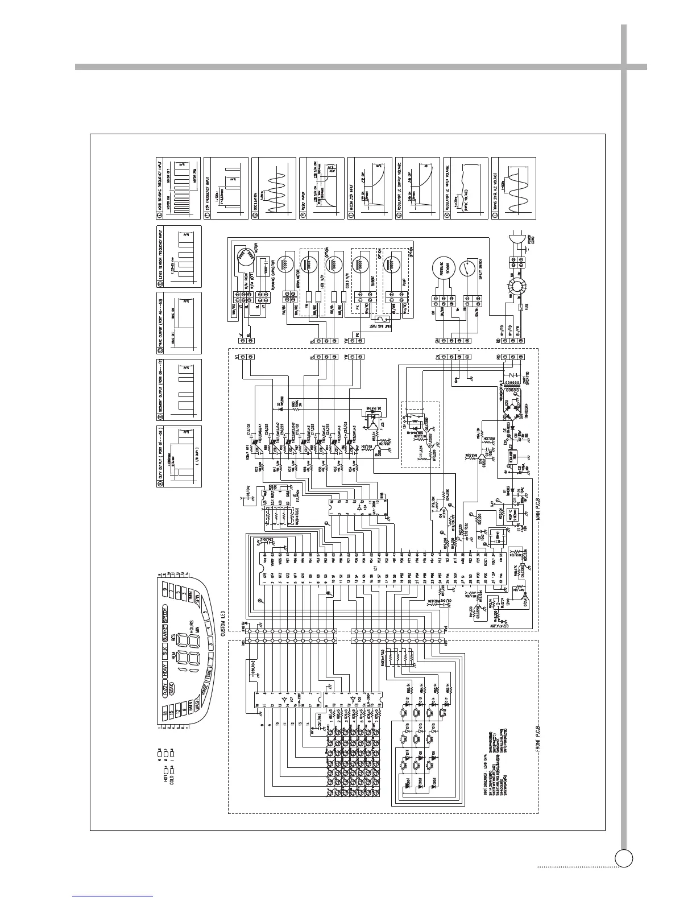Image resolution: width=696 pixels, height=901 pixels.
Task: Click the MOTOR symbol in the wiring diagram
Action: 245,257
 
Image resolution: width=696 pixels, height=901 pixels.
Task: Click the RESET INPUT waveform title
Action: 302,202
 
